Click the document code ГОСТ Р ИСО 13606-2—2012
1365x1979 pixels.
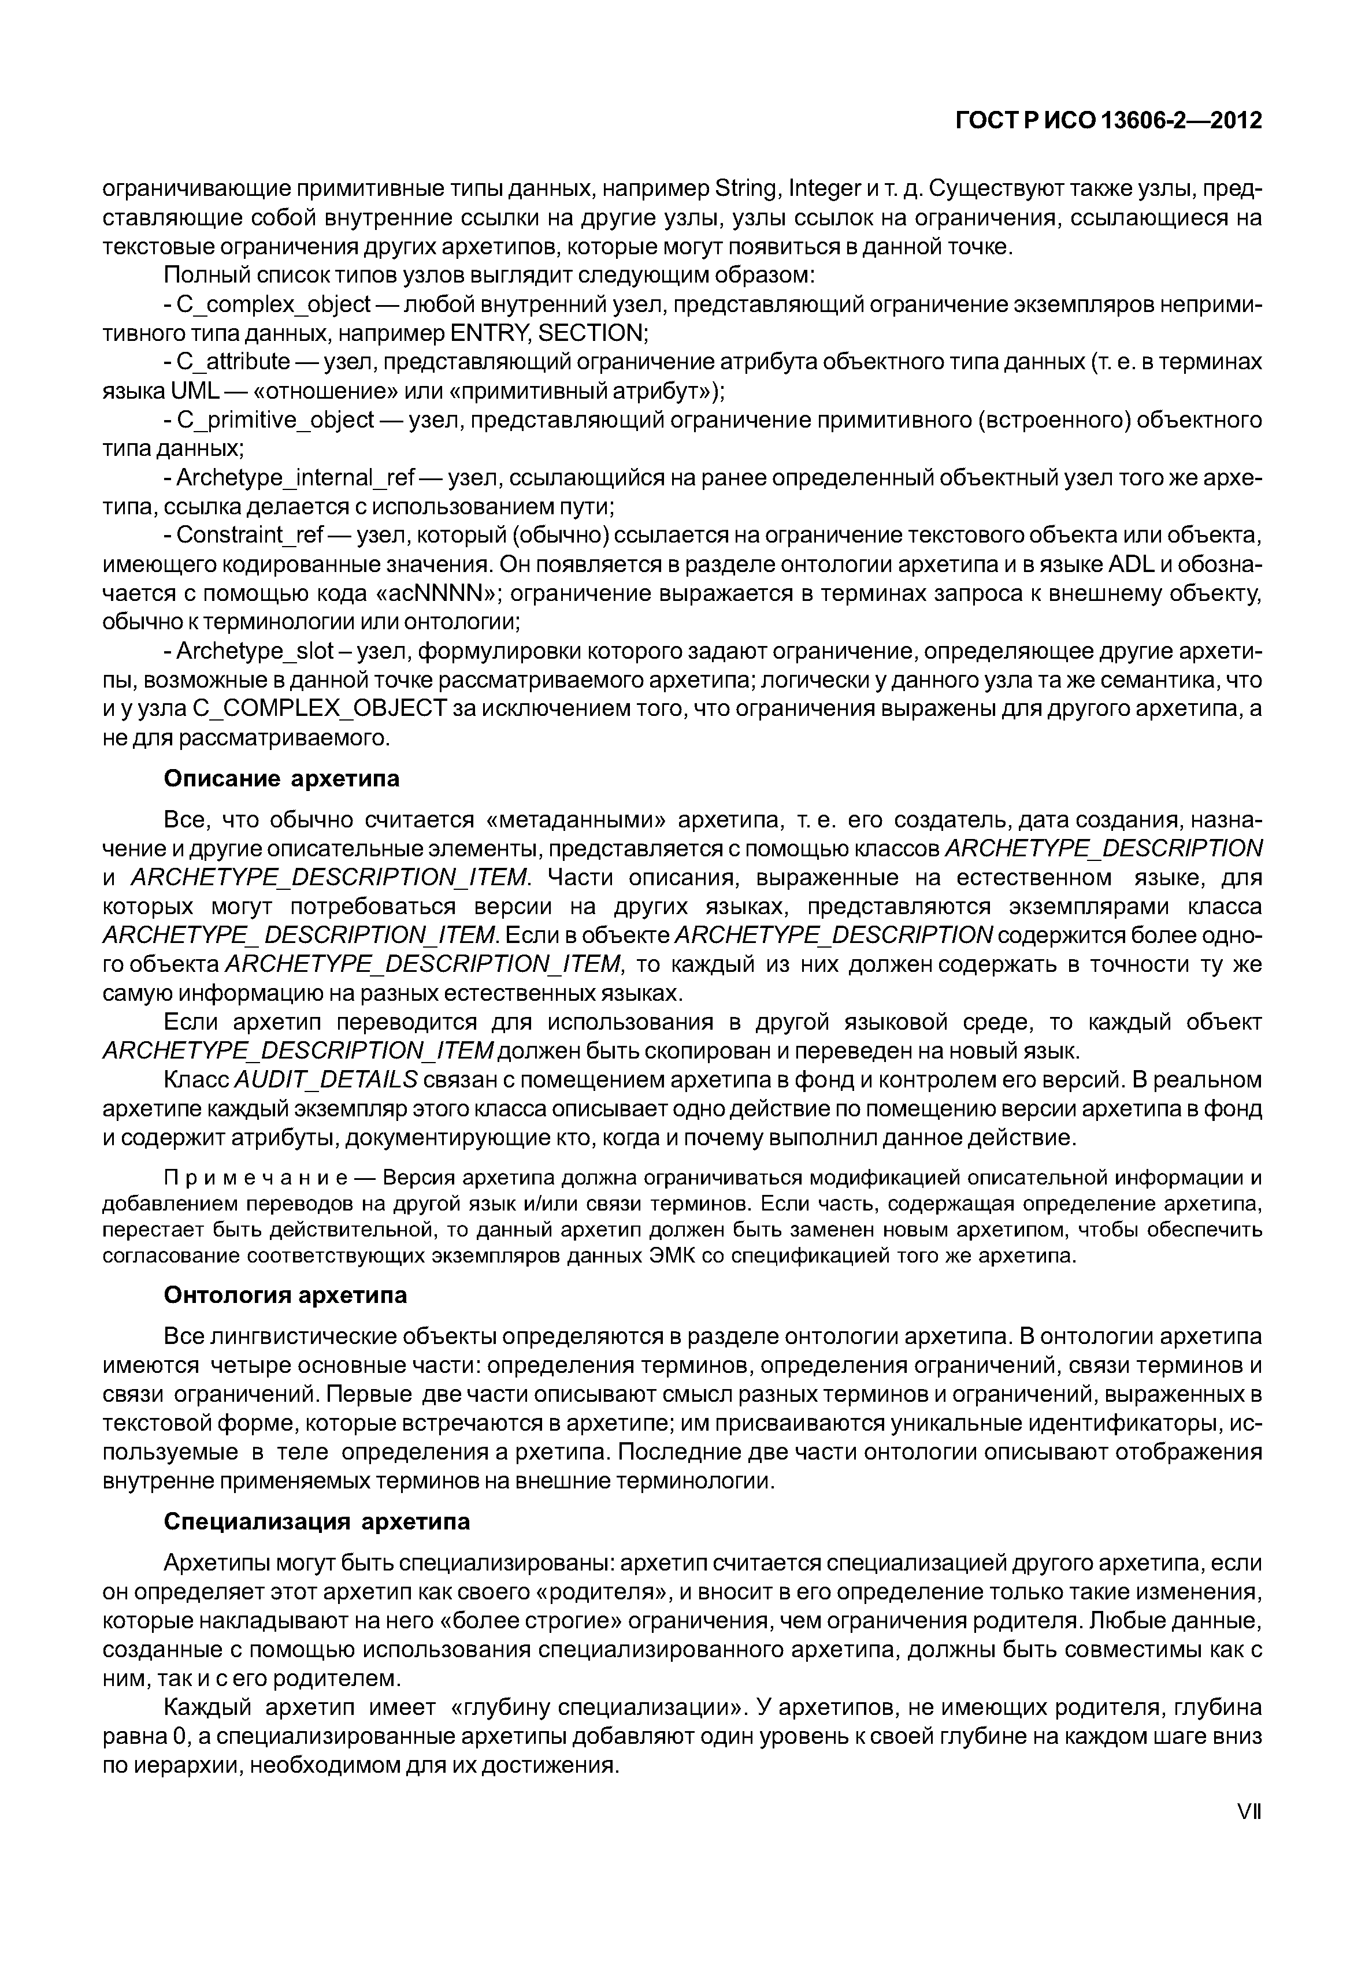[x=1108, y=121]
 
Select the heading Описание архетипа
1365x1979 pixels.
[x=281, y=779]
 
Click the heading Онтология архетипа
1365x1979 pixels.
[x=285, y=1295]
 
